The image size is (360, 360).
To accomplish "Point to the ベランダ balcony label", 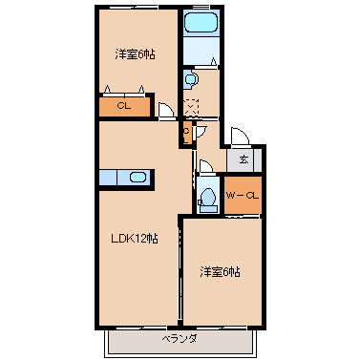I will (179, 338).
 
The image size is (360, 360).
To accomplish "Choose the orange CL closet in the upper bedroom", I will (124, 106).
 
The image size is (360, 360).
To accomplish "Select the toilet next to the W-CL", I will (207, 199).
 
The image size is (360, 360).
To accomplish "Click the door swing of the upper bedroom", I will (167, 111).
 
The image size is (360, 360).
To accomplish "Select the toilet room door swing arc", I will (205, 165).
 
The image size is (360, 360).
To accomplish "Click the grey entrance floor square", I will (245, 159).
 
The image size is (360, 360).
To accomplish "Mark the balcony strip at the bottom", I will (179, 338).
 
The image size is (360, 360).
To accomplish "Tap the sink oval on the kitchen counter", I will (138, 177).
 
